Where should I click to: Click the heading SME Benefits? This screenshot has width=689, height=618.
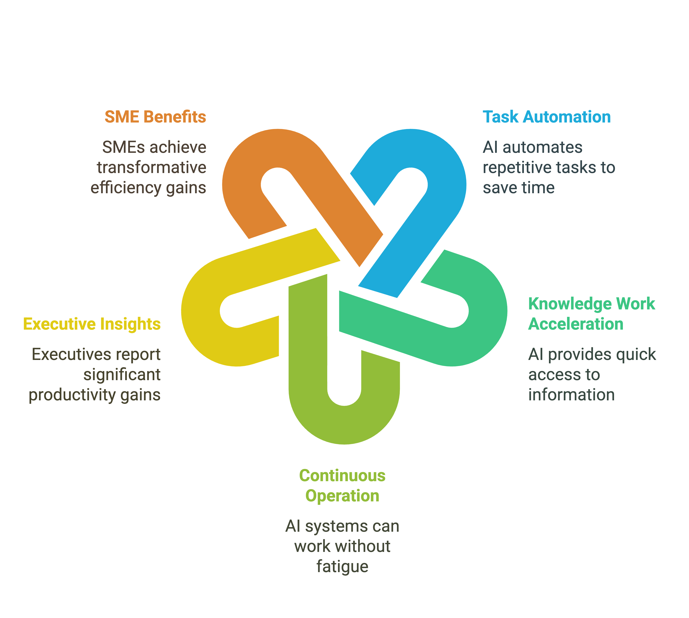point(155,117)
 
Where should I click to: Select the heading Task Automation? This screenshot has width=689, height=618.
point(547,117)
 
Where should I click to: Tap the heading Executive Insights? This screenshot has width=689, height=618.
point(92,324)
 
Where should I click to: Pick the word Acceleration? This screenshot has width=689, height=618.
point(576,324)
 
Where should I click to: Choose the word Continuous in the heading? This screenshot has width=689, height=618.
point(342,476)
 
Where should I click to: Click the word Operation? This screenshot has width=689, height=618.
point(342,496)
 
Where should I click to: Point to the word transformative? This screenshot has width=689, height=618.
point(152,167)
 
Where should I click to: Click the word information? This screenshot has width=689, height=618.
point(571,395)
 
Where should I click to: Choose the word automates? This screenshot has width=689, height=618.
point(543,147)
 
